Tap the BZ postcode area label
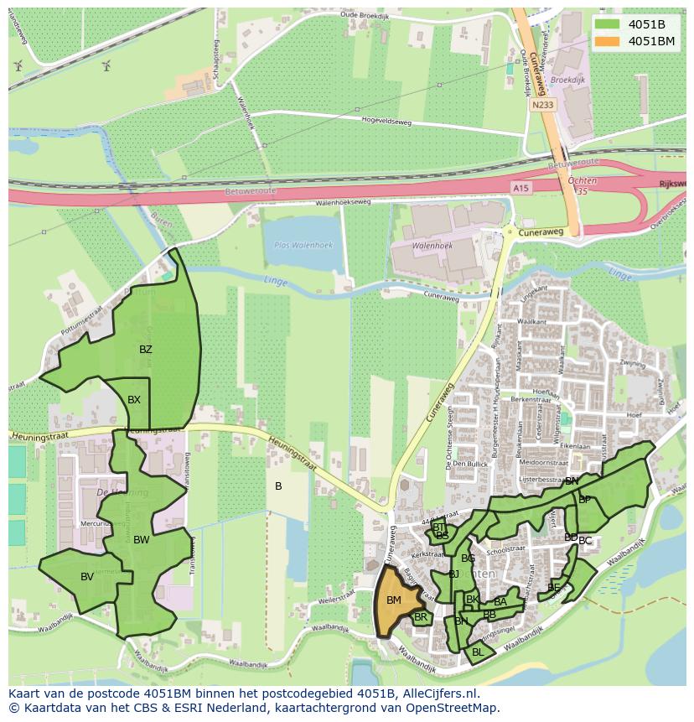coord(146,350)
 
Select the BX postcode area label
coord(134,400)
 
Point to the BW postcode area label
coord(141,540)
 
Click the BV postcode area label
coord(87,576)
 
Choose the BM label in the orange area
coord(394,600)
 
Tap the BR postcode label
coord(421,617)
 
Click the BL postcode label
coord(478,652)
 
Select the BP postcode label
coord(585,499)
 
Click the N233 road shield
coord(541,105)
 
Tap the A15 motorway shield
coord(520,190)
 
